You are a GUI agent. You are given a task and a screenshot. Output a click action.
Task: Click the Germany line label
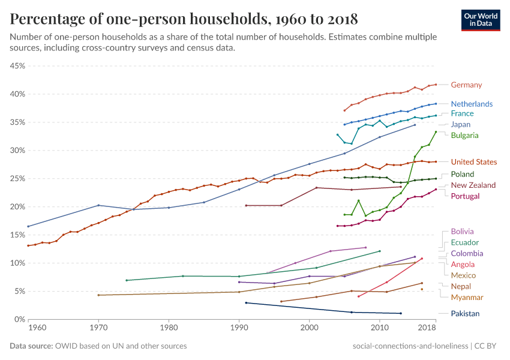pyautogui.click(x=466, y=85)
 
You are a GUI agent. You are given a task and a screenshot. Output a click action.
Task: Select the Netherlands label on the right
pyautogui.click(x=472, y=104)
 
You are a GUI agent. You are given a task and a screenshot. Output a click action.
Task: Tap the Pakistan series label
pyautogui.click(x=465, y=313)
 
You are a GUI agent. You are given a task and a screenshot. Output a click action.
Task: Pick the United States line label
pyautogui.click(x=474, y=162)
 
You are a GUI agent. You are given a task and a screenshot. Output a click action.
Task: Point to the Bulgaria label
pyautogui.click(x=464, y=135)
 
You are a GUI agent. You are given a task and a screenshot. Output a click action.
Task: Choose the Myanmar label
pyautogui.click(x=467, y=297)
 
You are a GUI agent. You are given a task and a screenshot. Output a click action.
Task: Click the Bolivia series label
pyautogui.click(x=462, y=231)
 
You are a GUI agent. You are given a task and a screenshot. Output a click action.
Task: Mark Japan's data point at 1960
pyautogui.click(x=28, y=226)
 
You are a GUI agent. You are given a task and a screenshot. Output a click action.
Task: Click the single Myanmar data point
pyautogui.click(x=422, y=289)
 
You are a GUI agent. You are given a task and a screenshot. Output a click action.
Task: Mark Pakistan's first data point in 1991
pyautogui.click(x=246, y=303)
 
